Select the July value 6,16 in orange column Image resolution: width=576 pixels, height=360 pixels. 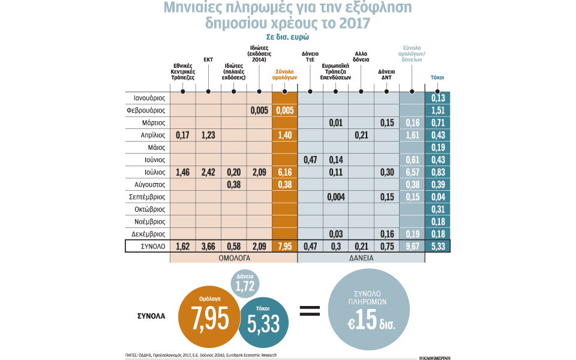click(x=284, y=172)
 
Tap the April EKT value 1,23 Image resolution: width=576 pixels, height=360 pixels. click(x=208, y=135)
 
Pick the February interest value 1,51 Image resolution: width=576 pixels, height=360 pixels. click(x=437, y=110)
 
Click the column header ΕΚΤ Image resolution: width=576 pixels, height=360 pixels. click(x=208, y=59)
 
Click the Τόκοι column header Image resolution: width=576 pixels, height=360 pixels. click(x=437, y=77)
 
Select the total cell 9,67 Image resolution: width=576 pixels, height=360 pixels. click(x=412, y=246)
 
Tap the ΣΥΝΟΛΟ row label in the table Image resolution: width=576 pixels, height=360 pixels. click(x=148, y=246)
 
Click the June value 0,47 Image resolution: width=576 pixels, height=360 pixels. click(x=310, y=160)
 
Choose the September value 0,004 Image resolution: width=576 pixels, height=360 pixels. click(x=335, y=197)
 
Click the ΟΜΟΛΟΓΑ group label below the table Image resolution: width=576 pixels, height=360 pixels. click(x=233, y=258)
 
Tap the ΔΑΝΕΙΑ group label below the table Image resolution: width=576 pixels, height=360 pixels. click(x=361, y=258)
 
